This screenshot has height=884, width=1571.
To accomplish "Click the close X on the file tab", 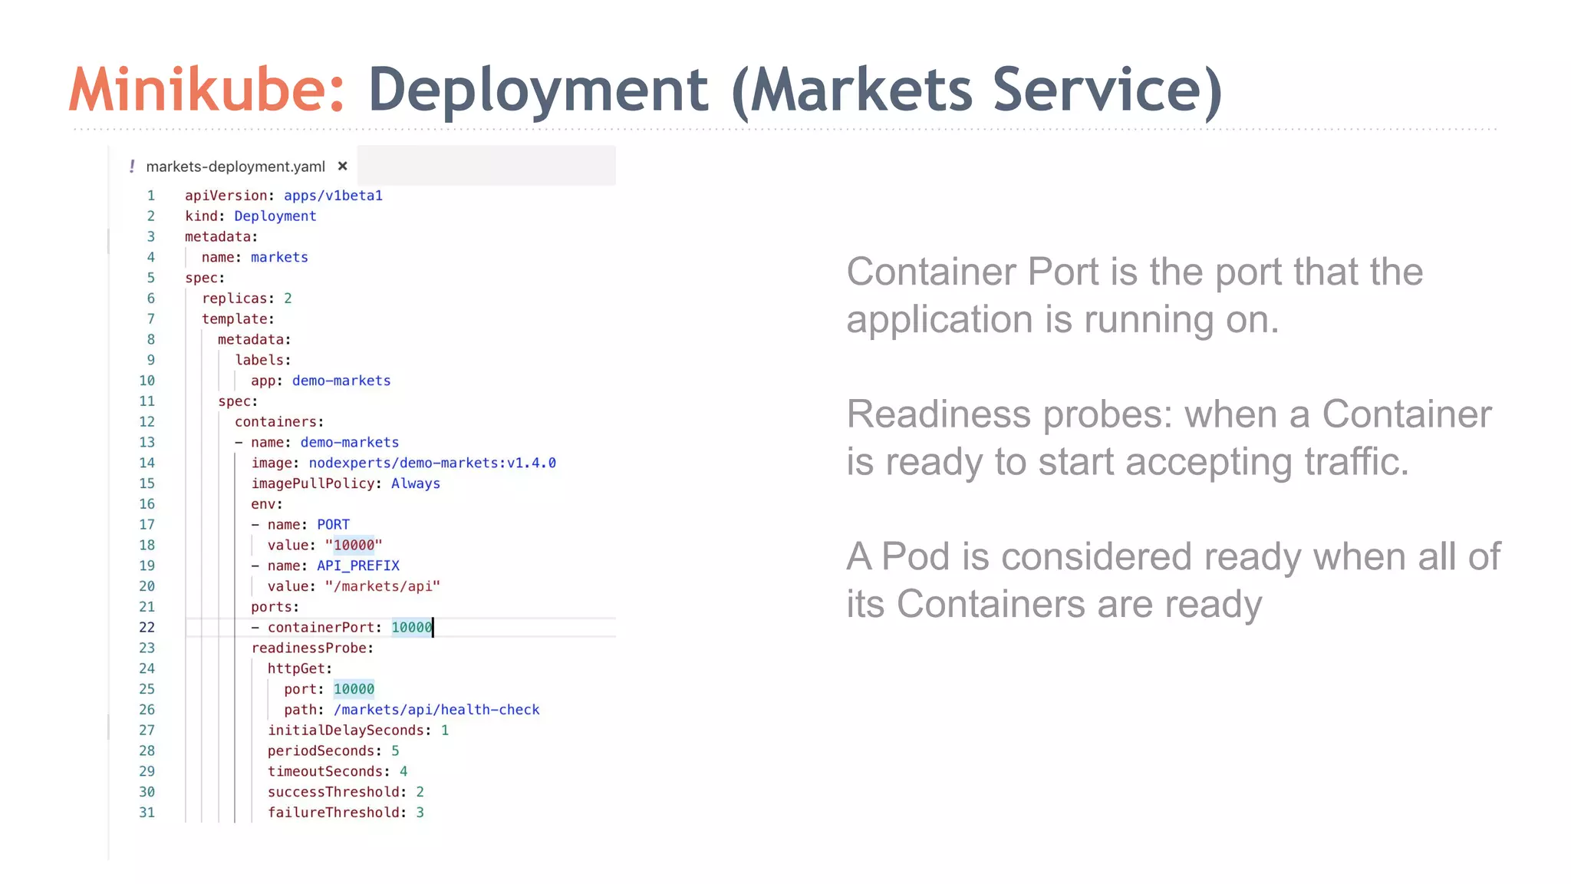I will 343,166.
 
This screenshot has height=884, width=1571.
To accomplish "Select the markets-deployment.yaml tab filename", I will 235,167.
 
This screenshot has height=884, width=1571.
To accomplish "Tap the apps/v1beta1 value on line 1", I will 333,196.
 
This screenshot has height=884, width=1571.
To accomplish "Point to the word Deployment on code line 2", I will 275,216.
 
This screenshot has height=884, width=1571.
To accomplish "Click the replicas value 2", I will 288,299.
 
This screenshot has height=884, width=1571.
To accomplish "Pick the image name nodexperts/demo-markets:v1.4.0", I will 432,463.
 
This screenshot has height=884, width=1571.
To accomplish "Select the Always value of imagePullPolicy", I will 415,483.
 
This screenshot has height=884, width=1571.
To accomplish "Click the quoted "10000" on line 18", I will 354,545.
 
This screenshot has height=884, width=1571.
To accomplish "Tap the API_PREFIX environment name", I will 358,566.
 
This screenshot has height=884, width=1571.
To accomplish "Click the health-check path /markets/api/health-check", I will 436,710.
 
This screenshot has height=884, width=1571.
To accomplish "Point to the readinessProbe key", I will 311,648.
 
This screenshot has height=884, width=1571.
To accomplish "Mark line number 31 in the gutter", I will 147,813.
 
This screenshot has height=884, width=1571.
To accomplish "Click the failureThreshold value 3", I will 420,813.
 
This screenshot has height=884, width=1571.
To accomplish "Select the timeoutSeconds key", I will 328,771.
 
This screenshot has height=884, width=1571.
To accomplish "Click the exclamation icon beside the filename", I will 132,166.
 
